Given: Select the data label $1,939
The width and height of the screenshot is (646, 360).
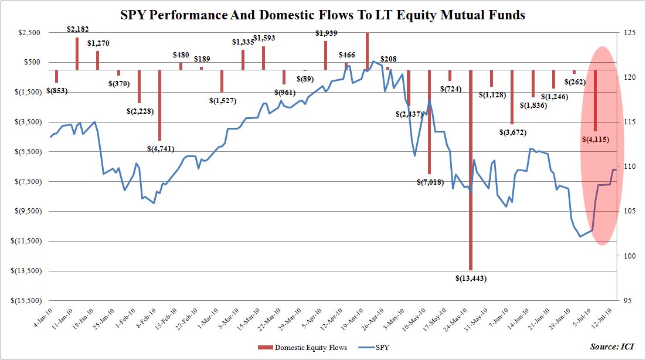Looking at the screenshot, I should (x=326, y=33).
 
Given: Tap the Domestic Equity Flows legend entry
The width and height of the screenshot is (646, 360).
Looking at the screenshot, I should (x=302, y=348).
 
